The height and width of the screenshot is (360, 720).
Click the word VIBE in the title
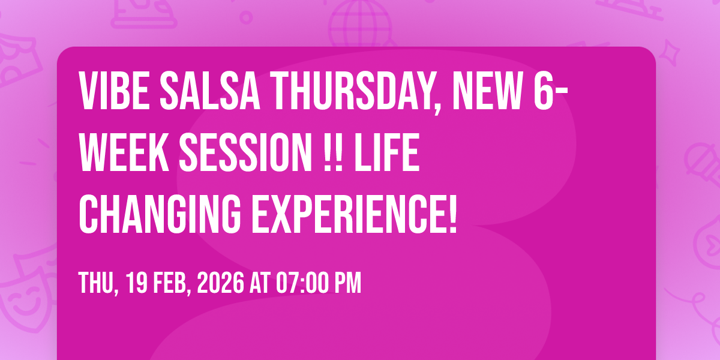pos(114,91)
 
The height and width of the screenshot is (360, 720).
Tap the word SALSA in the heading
pos(210,91)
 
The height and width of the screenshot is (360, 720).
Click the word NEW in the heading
pos(488,91)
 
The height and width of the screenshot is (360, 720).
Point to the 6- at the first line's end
pos(551,91)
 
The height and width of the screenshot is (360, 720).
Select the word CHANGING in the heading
pos(160,214)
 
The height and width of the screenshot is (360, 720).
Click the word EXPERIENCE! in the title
pos(354,214)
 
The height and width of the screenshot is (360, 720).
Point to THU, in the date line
pos(98,283)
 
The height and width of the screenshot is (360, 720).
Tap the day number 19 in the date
pos(137,283)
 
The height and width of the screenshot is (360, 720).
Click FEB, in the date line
pos(172,283)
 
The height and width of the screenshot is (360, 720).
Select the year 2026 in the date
pos(221,283)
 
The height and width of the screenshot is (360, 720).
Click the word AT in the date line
pos(260,283)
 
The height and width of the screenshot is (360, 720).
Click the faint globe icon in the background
pos(361,23)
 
